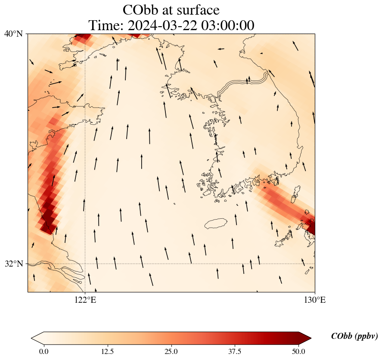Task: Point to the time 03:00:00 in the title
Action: point(229,26)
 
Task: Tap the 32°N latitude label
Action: point(14,264)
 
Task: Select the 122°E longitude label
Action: point(85,300)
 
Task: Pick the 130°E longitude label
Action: point(314,300)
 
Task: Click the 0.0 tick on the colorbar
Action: point(43,351)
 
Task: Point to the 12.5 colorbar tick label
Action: point(107,351)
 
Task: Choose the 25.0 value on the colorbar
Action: point(171,351)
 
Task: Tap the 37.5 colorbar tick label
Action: point(235,351)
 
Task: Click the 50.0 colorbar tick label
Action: point(298,351)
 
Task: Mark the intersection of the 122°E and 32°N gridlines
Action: point(85,264)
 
